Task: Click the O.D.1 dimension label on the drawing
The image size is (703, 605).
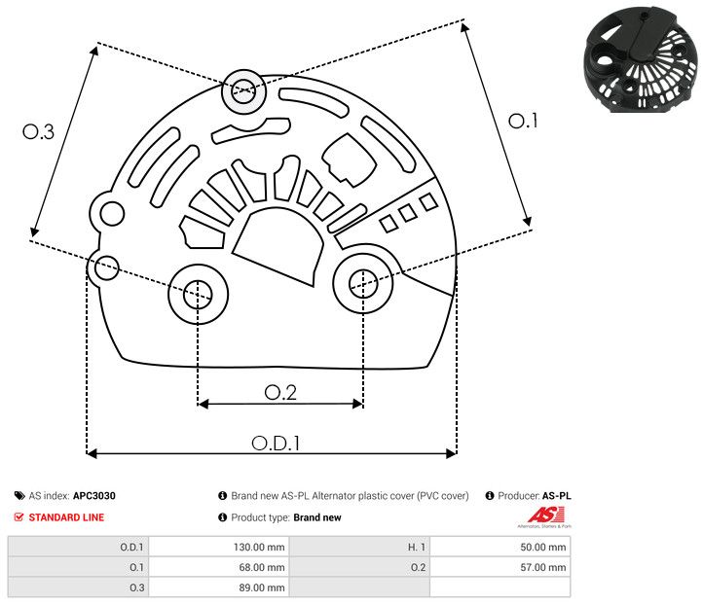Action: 276,442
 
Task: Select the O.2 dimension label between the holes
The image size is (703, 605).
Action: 279,392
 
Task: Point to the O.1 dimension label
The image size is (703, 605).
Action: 523,121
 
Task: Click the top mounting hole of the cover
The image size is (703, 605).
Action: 241,93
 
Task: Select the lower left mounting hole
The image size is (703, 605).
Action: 198,291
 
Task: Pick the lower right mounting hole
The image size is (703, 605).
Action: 362,283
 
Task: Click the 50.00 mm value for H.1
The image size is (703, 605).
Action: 542,547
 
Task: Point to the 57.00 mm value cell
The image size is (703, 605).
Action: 542,567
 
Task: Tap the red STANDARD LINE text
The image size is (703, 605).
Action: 66,517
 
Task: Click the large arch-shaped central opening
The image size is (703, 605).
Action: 279,248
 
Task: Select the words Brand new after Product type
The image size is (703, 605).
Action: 317,517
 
